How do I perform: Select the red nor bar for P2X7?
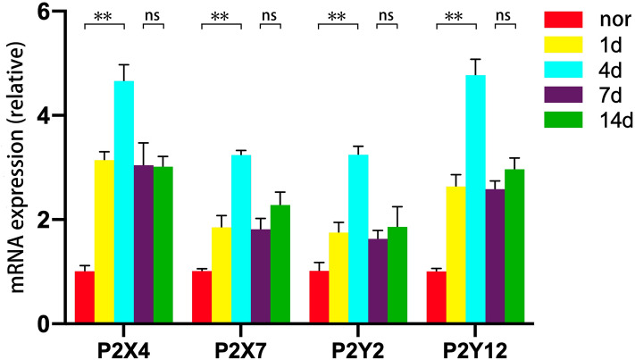(202, 297)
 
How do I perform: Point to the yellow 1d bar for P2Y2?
(338, 278)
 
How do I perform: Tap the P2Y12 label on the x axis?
(474, 344)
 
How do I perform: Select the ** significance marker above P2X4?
(104, 16)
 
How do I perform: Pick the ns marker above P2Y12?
(505, 15)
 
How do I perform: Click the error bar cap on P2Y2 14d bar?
(397, 207)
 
